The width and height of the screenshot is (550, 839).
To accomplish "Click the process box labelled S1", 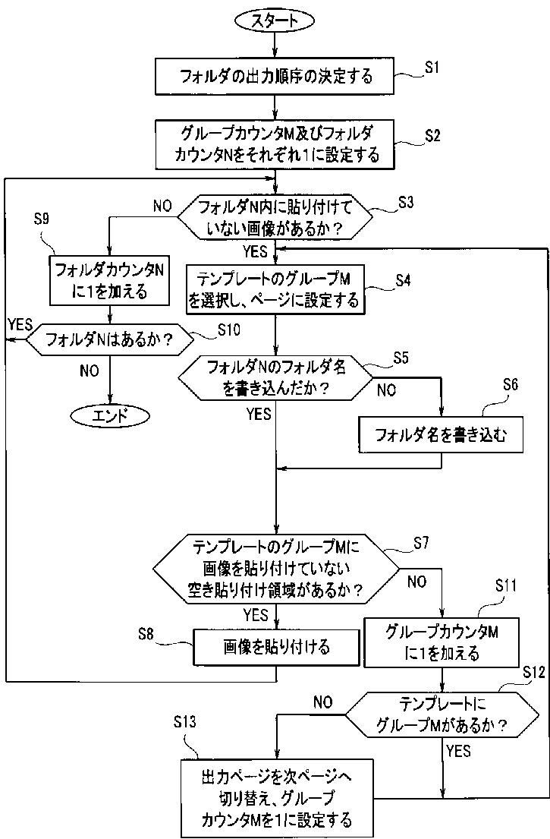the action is [275, 76].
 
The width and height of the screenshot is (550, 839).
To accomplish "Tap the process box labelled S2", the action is [275, 144].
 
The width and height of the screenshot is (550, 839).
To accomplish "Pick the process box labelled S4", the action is [275, 289].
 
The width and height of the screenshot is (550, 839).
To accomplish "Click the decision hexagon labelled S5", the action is [275, 378].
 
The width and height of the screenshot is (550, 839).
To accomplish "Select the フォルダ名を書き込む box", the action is [441, 434].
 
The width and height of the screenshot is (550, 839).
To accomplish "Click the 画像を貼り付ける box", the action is [276, 648].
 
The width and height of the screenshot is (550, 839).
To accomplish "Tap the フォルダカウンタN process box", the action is [109, 280].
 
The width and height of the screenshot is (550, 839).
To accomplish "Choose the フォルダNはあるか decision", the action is [109, 339].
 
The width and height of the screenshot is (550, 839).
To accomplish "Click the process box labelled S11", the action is [442, 642].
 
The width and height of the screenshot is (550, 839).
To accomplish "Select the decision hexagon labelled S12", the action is [442, 714].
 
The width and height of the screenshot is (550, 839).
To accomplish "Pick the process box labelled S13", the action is [276, 798].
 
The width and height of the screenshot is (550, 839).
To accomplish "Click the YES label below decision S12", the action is [459, 751].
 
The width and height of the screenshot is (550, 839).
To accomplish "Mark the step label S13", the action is [184, 722].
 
